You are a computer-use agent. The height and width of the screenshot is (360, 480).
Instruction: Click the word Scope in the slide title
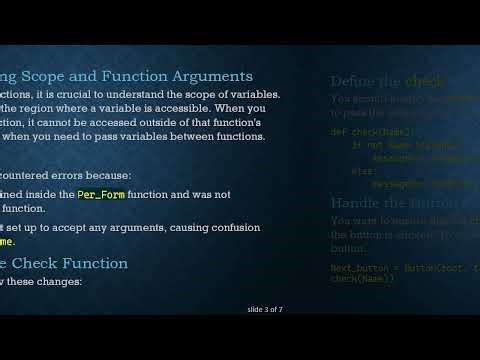[59, 76]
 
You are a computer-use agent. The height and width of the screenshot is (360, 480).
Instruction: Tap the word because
[121, 175]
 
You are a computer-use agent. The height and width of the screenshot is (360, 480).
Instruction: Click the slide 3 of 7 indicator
[265, 309]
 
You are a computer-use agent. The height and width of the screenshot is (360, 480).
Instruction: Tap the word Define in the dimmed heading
[352, 81]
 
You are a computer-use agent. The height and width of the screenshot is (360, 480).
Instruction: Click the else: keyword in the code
[362, 170]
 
